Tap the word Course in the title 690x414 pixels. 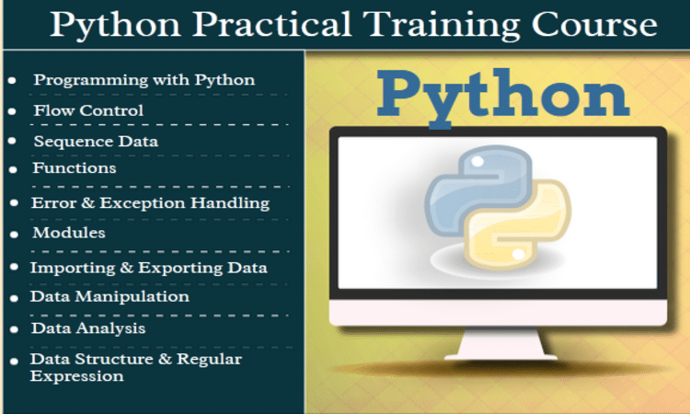[x=600, y=24]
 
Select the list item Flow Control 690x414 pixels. [x=88, y=110]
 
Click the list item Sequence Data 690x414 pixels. [x=96, y=142]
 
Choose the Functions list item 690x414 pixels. [x=75, y=168]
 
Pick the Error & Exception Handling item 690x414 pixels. [x=151, y=202]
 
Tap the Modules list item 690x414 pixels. [x=69, y=233]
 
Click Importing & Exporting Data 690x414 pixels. [x=149, y=268]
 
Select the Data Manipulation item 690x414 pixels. [x=109, y=296]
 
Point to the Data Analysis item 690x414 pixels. [x=88, y=328]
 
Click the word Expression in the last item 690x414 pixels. [x=76, y=375]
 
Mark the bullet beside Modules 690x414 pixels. [x=13, y=236]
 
